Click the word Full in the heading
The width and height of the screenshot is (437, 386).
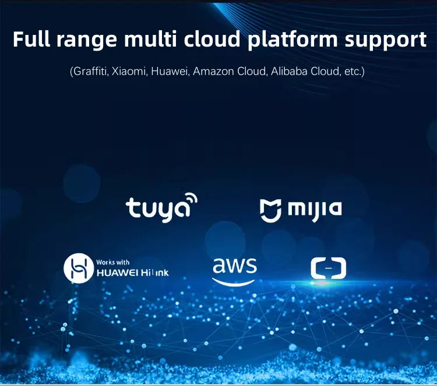(x=31, y=39)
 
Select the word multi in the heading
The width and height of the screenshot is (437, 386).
(x=150, y=39)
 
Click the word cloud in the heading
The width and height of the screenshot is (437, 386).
(x=212, y=39)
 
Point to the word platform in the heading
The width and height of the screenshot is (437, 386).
(x=292, y=41)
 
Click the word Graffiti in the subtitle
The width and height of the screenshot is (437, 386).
(x=90, y=71)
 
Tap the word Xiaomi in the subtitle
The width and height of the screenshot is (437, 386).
(x=129, y=71)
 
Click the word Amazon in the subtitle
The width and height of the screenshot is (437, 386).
(x=213, y=71)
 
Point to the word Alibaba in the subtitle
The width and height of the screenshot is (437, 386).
(x=289, y=71)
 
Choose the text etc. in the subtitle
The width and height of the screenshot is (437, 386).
(x=353, y=72)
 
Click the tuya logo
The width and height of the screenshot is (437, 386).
(x=161, y=207)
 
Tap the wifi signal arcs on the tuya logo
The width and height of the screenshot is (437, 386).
(x=192, y=199)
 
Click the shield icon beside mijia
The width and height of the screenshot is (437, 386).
(x=270, y=211)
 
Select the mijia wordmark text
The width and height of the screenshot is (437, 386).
(x=315, y=210)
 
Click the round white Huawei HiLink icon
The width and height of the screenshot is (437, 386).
(x=79, y=268)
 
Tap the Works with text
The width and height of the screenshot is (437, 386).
(x=113, y=262)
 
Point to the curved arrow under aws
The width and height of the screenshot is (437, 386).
(x=234, y=282)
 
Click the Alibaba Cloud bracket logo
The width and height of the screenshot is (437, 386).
(x=328, y=268)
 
